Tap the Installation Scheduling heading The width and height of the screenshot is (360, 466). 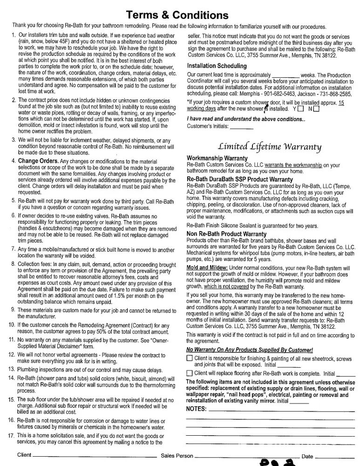(217, 66)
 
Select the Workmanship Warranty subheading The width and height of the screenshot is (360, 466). (217, 158)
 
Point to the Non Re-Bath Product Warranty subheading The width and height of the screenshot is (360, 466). (226, 234)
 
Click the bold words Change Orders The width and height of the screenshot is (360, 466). (38, 161)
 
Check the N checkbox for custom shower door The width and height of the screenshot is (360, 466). (317, 109)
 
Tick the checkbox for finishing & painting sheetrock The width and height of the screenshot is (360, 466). (189, 358)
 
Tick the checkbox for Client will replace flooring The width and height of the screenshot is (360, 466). (189, 373)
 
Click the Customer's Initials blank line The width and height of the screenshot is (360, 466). (242, 127)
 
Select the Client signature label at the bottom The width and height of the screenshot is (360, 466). (24, 455)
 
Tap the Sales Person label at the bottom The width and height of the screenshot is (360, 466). (177, 456)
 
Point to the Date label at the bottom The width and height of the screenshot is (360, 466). (307, 456)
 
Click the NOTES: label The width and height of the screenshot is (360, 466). (196, 409)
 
